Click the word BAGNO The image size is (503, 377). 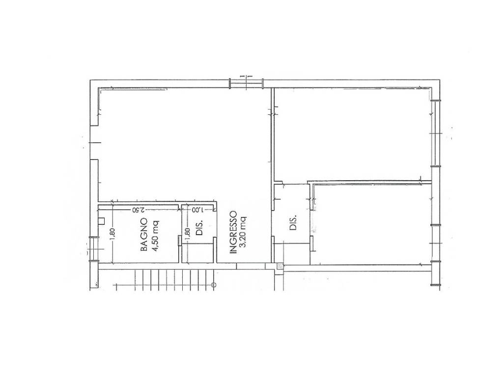(x=144, y=235)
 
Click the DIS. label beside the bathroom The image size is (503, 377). (x=199, y=227)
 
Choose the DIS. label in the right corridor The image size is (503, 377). (x=293, y=222)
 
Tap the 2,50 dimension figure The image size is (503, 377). (x=138, y=210)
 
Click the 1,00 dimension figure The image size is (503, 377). (x=197, y=210)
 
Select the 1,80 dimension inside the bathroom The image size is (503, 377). (x=112, y=236)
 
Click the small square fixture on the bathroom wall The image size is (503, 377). (x=102, y=221)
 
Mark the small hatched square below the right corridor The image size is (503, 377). (x=280, y=266)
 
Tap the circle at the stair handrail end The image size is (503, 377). (x=214, y=285)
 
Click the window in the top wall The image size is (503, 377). (x=246, y=83)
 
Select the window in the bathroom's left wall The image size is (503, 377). (x=94, y=249)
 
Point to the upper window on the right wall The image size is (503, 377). (x=436, y=133)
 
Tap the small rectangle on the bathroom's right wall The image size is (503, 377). (x=179, y=241)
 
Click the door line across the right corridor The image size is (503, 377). (x=291, y=244)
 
